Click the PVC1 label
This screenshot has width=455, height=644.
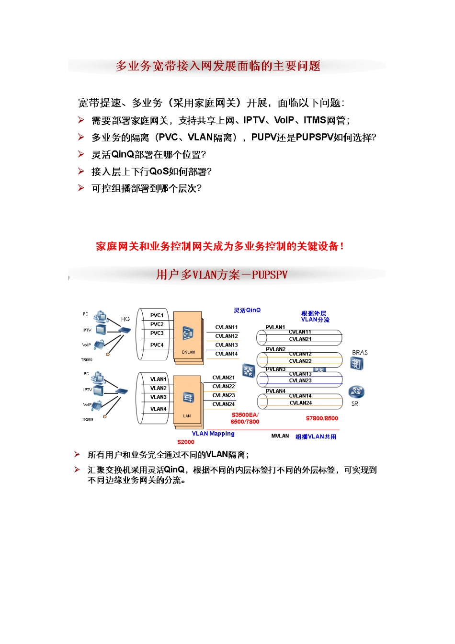(x=157, y=315)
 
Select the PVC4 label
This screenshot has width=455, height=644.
(x=157, y=345)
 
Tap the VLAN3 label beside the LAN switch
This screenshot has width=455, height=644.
(x=158, y=397)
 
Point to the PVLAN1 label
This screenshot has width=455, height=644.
(x=275, y=327)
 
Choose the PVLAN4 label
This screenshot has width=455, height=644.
(x=275, y=391)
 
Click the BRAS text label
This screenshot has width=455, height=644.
(x=360, y=353)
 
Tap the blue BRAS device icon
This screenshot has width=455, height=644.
(x=356, y=364)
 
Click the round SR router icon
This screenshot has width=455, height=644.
(x=356, y=392)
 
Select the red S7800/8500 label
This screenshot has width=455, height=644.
(x=322, y=418)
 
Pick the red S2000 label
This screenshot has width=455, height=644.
(x=186, y=442)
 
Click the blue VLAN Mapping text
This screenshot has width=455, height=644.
(x=213, y=434)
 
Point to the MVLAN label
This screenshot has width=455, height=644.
(x=280, y=436)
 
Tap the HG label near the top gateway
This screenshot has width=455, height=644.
(x=125, y=319)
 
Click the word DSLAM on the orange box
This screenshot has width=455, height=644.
(x=188, y=352)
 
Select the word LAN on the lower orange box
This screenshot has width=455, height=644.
(x=187, y=416)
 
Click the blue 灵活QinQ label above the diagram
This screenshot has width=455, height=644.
(x=247, y=310)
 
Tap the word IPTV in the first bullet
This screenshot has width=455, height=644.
(x=254, y=120)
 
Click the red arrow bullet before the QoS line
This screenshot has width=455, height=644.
(x=81, y=171)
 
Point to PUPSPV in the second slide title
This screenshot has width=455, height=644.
(x=270, y=275)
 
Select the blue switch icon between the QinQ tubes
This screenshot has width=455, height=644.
(x=249, y=370)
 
